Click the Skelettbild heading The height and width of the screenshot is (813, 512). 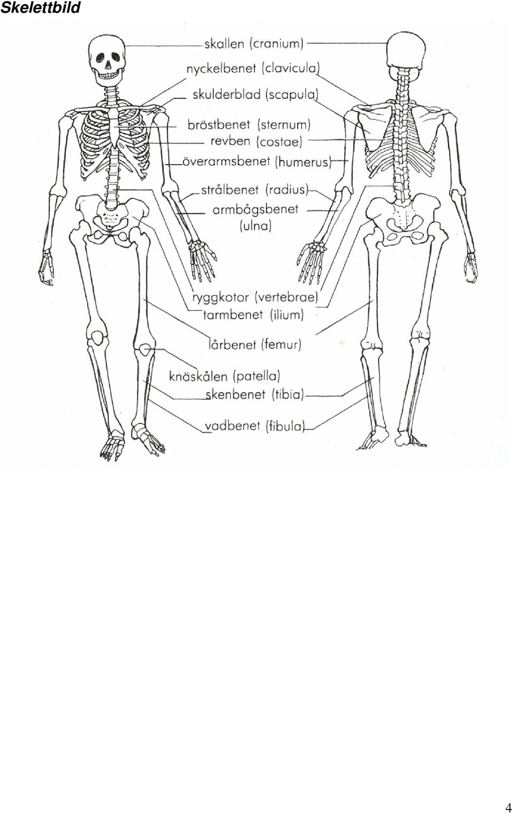tap(40, 7)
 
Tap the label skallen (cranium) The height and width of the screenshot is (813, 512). tap(254, 44)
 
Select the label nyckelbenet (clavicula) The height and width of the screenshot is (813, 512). tap(253, 69)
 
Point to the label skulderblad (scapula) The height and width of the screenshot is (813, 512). tap(255, 95)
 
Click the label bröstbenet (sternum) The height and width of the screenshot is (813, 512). tap(249, 125)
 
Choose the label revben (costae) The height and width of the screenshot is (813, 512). tap(257, 141)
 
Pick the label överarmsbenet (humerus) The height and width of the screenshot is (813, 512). tap(257, 162)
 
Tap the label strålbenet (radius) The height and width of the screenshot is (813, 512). tap(254, 190)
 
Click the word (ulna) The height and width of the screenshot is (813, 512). tap(255, 226)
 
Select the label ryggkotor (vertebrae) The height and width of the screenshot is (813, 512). tap(255, 297)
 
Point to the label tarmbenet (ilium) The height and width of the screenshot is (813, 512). tap(253, 315)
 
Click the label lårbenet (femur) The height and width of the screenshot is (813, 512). tap(255, 344)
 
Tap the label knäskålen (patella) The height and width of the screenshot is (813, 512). tap(225, 376)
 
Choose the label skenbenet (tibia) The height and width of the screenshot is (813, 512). tap(254, 395)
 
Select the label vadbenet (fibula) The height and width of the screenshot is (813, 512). tap(254, 426)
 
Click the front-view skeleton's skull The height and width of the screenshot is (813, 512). tap(107, 60)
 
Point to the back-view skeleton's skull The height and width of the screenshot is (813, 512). tap(406, 51)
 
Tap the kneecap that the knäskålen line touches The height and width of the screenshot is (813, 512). tap(145, 350)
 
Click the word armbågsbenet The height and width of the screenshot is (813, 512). tap(255, 210)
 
